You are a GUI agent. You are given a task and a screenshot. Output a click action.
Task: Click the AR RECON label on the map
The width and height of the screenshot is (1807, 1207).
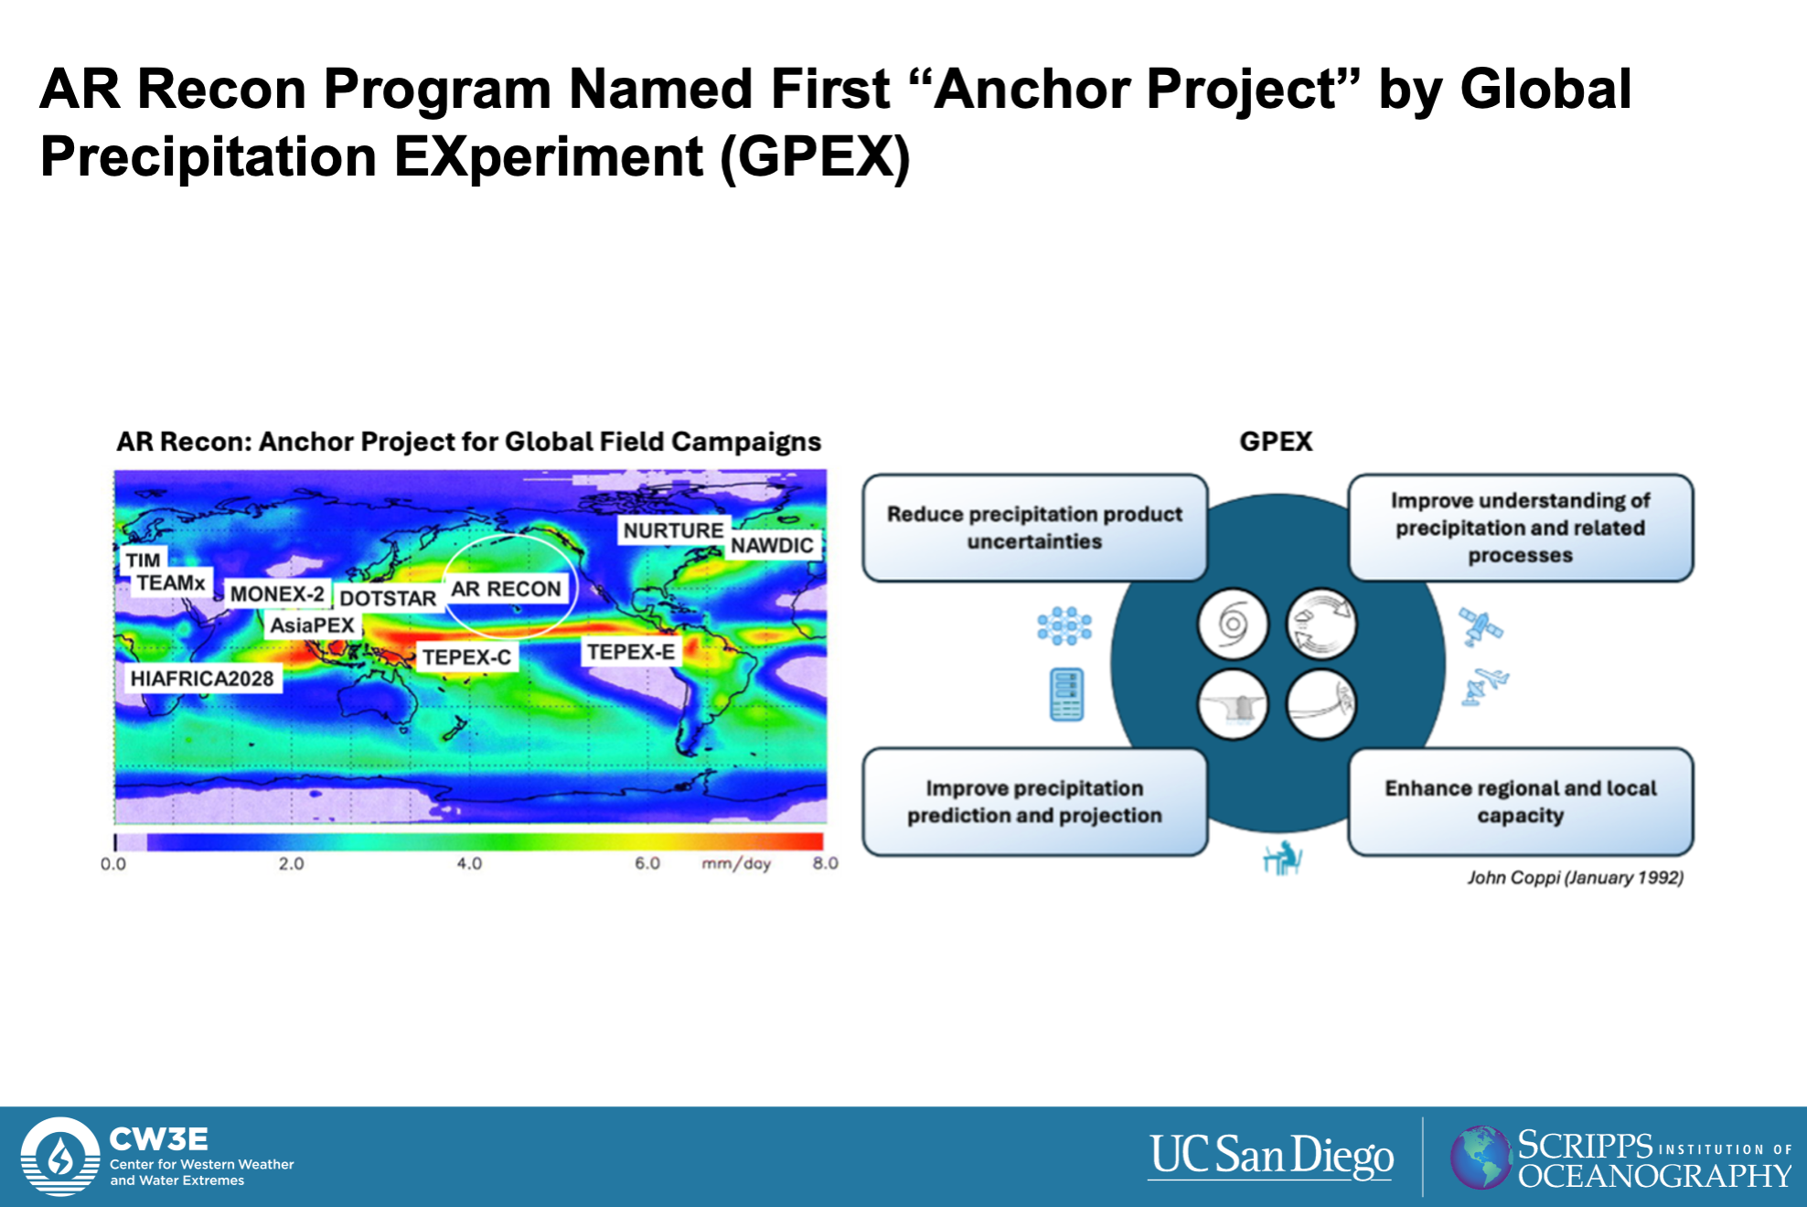(x=506, y=589)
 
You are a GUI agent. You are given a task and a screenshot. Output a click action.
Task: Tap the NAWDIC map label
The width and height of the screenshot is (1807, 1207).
(x=772, y=545)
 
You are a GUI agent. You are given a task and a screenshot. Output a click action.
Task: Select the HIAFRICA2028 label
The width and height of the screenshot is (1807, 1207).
(x=202, y=678)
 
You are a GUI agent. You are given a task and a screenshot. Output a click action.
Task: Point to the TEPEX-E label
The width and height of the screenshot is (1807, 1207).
(x=631, y=652)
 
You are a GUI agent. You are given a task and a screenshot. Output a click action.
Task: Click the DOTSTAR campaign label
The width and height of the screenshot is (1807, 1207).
(x=388, y=598)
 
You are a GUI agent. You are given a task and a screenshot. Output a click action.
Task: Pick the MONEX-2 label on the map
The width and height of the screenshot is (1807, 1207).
(x=277, y=594)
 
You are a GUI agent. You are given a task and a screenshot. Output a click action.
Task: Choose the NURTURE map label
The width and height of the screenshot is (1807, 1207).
(x=673, y=530)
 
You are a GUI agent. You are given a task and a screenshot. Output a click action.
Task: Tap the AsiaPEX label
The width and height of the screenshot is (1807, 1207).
(x=312, y=625)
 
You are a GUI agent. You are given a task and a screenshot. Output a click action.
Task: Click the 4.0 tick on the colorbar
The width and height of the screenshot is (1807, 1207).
(x=469, y=863)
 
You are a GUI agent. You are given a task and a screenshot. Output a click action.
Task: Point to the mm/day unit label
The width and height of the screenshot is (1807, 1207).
(x=736, y=863)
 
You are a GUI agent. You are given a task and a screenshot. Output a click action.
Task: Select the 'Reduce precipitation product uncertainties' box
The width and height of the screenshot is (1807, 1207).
(x=1034, y=528)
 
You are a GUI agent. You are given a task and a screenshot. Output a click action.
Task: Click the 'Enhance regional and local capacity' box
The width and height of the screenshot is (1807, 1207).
(x=1520, y=802)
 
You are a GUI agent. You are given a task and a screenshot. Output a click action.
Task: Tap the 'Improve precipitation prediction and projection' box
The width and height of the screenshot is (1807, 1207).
(x=1034, y=802)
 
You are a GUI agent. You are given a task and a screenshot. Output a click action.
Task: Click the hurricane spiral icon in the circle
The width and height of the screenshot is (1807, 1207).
(x=1233, y=625)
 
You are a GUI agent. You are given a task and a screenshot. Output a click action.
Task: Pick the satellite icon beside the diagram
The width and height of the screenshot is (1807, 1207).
(x=1481, y=627)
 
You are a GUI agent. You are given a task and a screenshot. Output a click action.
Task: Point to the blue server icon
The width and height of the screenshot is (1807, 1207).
(x=1067, y=695)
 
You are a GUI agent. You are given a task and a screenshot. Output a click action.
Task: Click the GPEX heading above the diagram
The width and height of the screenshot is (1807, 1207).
(x=1276, y=442)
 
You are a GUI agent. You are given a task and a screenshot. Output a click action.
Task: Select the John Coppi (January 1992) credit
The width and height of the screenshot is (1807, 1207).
(x=1575, y=878)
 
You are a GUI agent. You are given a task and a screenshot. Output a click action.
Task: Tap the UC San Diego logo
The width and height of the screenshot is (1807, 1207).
(x=1271, y=1156)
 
